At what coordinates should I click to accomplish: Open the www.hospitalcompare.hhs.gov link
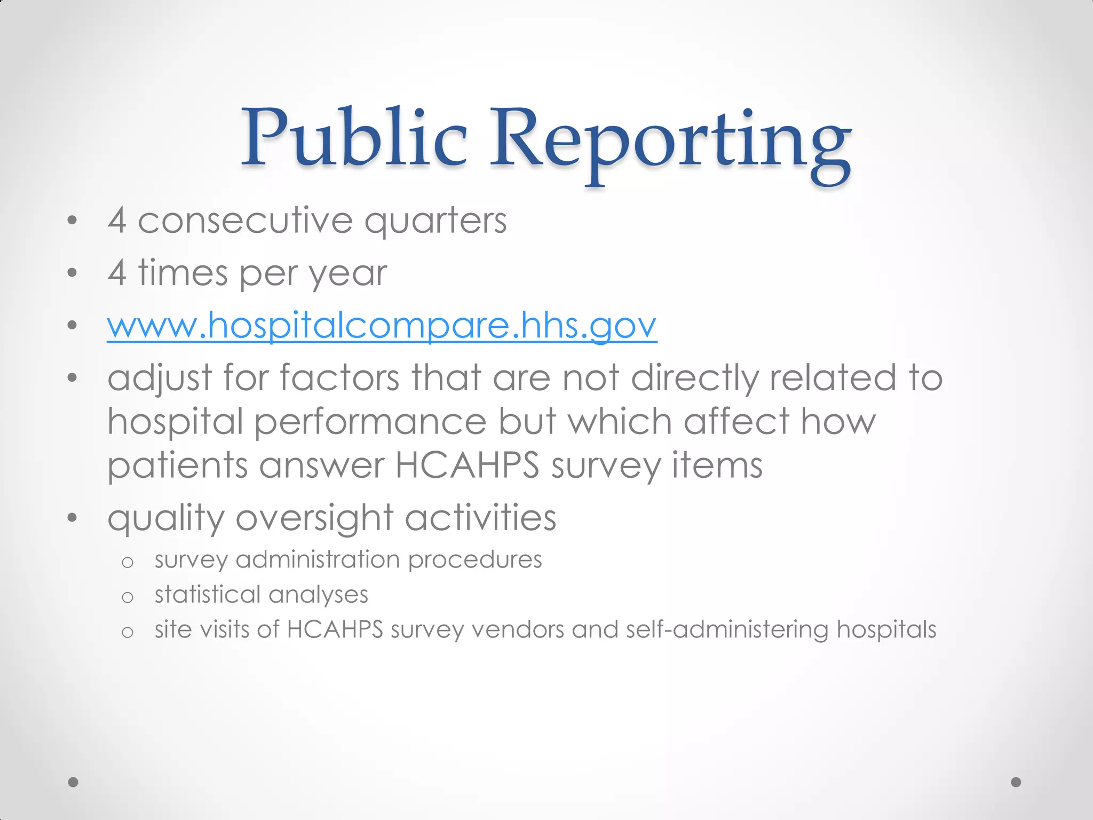382,325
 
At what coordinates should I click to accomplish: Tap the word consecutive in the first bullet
245,220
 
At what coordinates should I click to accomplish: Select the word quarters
435,221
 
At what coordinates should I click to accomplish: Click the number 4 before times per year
117,272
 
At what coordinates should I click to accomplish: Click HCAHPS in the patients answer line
467,465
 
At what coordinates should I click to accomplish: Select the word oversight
314,518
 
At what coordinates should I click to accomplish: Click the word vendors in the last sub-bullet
518,629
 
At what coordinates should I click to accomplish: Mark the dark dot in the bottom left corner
73,782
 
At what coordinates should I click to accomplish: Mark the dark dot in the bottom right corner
1016,782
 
